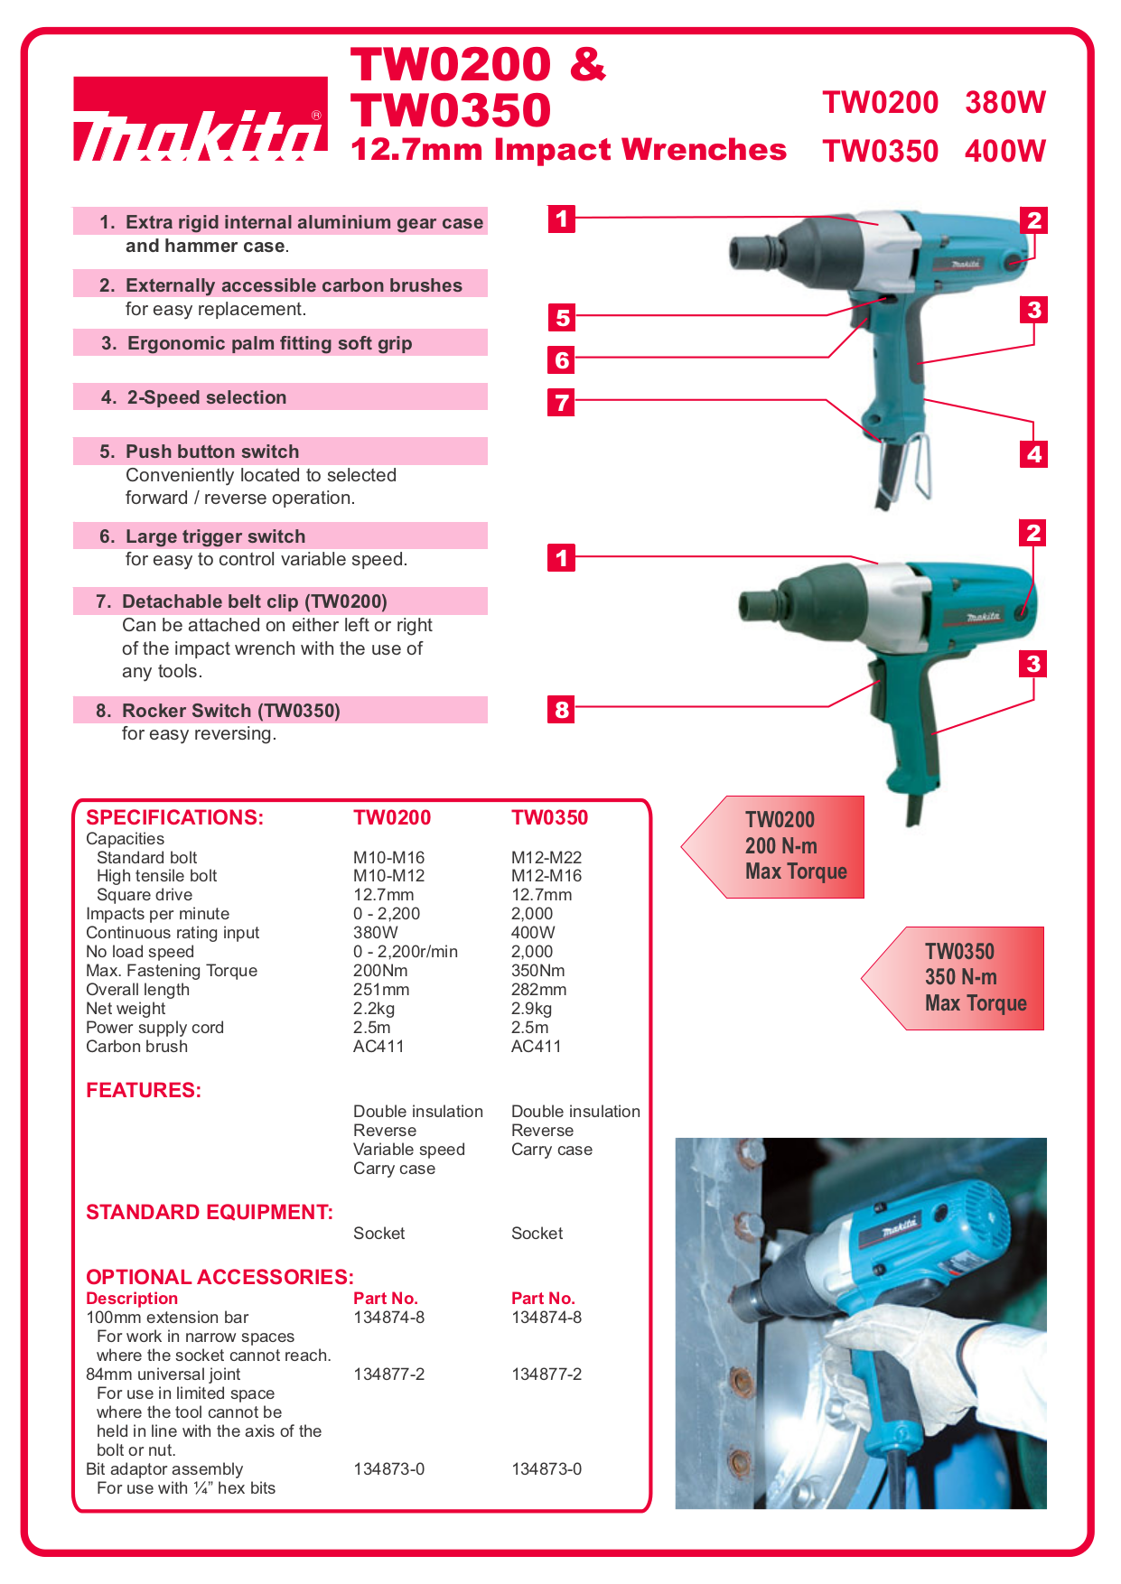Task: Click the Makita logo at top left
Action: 200,120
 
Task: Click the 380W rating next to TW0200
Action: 1004,103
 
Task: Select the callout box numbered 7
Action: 562,402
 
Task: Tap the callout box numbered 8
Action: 562,709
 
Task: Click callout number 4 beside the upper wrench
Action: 1034,453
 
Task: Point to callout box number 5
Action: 562,317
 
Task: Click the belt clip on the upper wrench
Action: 919,465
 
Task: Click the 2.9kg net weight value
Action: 531,1009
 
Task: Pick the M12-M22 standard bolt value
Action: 546,857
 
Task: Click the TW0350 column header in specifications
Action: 549,817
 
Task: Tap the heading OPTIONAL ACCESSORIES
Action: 220,1277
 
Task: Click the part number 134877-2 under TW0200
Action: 388,1374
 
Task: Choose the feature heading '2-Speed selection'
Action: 207,397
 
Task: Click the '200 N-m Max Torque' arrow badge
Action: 781,846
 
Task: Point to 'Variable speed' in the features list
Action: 408,1150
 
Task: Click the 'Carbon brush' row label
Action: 136,1047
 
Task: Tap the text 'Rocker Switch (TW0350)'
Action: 231,711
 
